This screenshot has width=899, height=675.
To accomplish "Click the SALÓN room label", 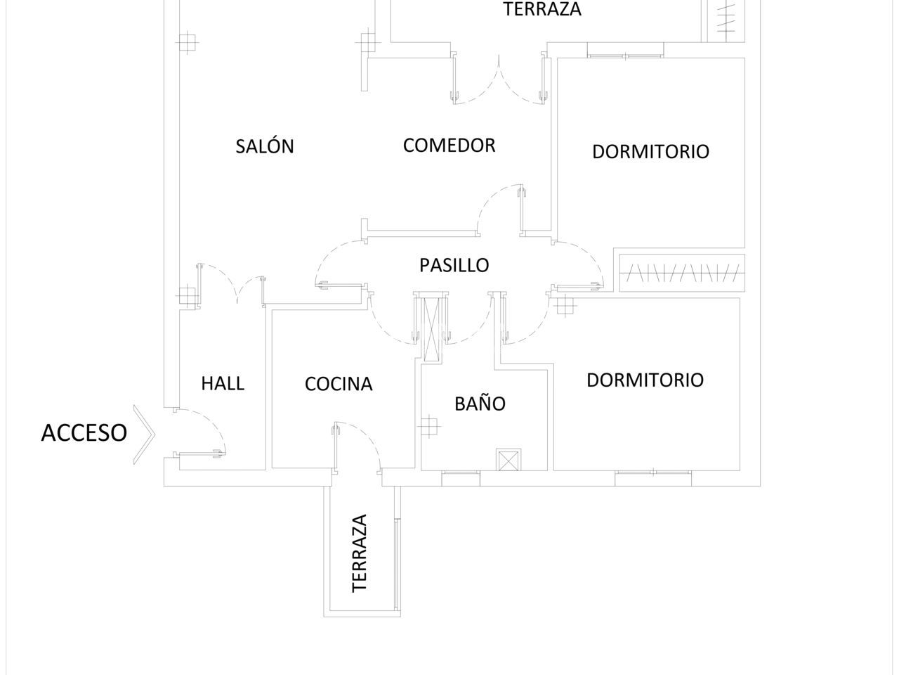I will (265, 146).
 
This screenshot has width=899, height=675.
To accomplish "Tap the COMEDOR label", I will (449, 146).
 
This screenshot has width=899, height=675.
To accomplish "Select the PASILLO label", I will (454, 265).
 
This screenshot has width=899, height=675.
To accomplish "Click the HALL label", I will (223, 383).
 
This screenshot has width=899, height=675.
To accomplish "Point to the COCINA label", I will (339, 384).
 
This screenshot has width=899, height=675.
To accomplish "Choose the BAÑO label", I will (480, 404).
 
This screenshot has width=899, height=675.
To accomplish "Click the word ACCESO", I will (84, 432).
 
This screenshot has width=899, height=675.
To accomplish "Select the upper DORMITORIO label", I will (650, 151).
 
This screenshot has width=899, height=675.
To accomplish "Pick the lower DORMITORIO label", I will (645, 380).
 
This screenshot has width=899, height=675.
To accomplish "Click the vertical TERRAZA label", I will (360, 553).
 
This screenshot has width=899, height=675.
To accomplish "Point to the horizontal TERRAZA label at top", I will (543, 10).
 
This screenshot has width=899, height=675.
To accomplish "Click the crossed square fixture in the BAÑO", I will (506, 460).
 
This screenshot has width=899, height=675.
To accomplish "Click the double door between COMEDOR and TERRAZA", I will (499, 81).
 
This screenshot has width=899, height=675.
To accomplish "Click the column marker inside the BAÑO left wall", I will (428, 425).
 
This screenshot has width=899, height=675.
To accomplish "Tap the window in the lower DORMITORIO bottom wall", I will (653, 477).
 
